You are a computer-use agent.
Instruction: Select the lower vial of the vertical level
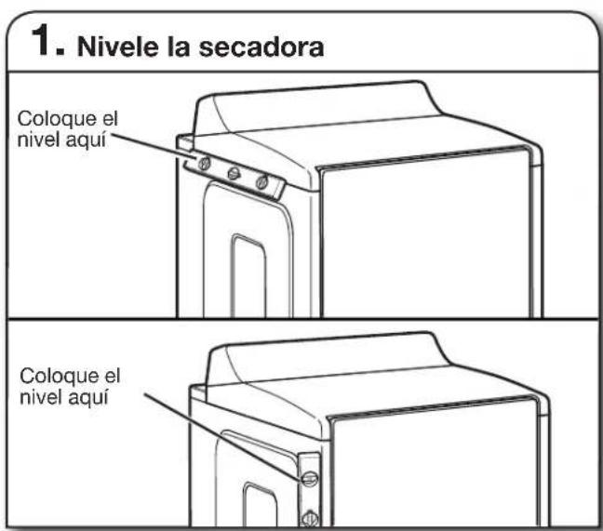click(x=310, y=518)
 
